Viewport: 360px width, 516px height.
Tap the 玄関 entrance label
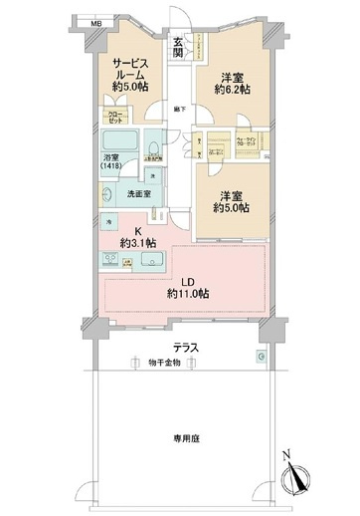click(x=177, y=47)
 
